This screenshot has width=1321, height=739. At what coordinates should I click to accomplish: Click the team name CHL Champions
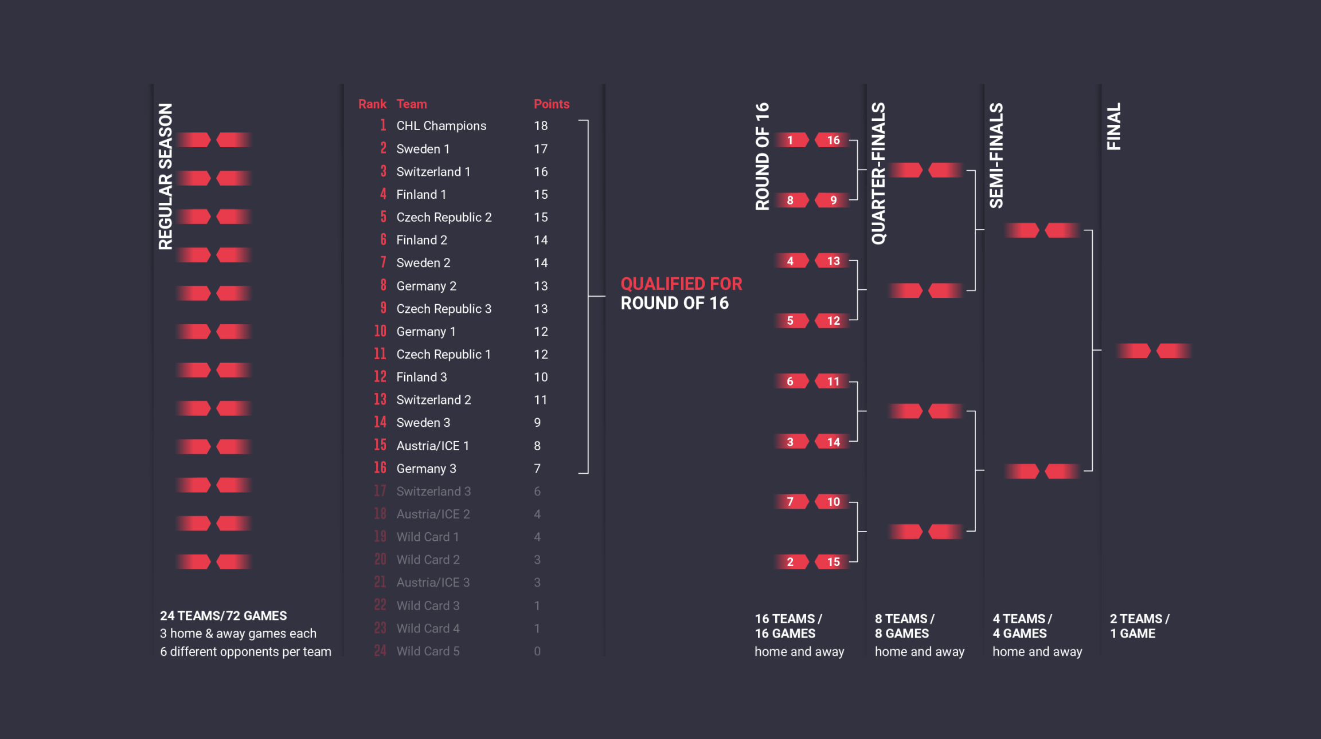coord(441,126)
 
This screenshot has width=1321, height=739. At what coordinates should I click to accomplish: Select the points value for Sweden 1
coord(541,149)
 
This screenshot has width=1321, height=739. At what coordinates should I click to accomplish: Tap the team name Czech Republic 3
coord(444,309)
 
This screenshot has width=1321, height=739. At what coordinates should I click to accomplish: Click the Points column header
coord(551,104)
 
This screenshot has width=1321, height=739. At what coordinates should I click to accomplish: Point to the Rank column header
coord(372,104)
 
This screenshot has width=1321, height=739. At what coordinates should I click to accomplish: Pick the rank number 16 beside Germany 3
coord(380,468)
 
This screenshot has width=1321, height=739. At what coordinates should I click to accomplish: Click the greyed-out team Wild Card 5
coord(428,651)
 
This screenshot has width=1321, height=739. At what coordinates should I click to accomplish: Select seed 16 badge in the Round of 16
coord(833,140)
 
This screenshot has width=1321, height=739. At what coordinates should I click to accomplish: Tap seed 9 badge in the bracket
coord(833,201)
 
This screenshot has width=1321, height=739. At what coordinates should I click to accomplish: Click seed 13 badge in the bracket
coord(833,261)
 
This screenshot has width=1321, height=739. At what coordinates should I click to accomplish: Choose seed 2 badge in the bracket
coord(790,562)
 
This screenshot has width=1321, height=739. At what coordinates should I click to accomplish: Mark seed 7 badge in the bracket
coord(790,502)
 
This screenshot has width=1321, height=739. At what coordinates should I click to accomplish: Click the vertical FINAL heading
coord(1113,127)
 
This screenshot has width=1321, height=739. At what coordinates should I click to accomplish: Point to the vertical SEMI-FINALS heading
coord(996,155)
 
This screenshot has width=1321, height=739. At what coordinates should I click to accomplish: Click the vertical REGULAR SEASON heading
coord(166,176)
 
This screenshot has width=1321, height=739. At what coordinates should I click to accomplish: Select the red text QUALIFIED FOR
coord(681,284)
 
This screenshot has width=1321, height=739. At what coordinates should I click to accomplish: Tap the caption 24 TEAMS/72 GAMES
coord(223,616)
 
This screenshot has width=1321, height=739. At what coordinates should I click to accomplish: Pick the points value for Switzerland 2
coord(540,400)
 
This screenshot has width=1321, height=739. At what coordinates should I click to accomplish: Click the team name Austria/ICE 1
coord(432,446)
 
